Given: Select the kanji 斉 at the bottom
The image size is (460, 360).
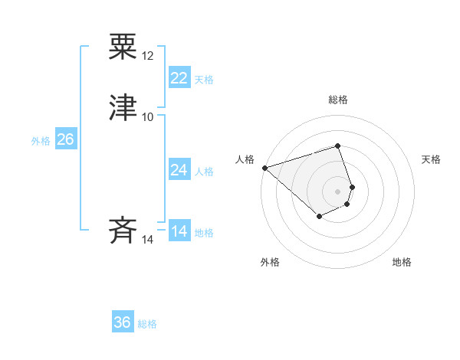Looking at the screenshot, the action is click(123, 230).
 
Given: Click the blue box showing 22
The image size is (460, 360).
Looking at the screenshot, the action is click(179, 77).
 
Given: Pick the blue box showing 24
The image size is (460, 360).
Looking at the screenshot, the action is click(179, 170).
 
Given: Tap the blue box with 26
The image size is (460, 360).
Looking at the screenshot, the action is click(65, 139).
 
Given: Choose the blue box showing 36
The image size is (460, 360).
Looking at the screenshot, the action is click(123, 322).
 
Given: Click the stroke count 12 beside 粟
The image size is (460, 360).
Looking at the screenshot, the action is click(148, 56).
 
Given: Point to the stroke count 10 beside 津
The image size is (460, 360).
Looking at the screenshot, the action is click(148, 116).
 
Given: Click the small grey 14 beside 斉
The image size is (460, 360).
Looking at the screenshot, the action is click(148, 240).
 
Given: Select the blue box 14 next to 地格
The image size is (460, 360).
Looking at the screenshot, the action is click(179, 231).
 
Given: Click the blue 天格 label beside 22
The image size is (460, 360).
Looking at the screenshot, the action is click(204, 80).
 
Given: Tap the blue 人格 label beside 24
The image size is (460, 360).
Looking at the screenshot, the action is click(204, 172).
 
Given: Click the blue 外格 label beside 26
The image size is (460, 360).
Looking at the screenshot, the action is click(41, 141).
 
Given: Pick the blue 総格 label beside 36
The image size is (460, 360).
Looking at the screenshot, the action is click(147, 324).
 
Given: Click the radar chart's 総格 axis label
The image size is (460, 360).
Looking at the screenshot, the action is click(338, 100).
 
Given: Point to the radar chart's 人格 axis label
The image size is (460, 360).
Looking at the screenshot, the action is click(245, 159).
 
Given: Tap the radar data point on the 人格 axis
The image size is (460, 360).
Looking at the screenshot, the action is click(264, 167).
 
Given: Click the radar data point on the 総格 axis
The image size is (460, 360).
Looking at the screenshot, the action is click(337, 146).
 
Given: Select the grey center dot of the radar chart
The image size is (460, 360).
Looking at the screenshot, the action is click(337, 191).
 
